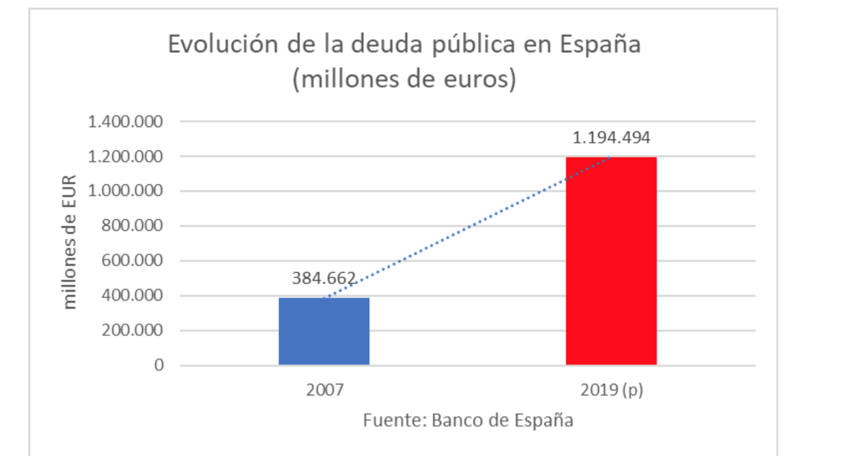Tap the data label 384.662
click(x=324, y=278)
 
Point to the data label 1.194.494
click(x=611, y=137)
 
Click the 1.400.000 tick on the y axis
click(x=125, y=122)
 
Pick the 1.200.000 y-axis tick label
click(x=125, y=157)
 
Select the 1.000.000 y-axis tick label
click(x=125, y=191)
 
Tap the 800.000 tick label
click(x=132, y=225)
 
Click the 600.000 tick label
click(x=132, y=260)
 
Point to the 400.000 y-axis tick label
click(x=132, y=295)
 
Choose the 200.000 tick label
click(x=132, y=330)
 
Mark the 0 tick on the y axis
click(x=159, y=365)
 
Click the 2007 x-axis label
click(x=324, y=390)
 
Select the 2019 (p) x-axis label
click(x=611, y=390)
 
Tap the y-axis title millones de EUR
click(x=69, y=242)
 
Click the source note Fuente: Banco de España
click(x=468, y=421)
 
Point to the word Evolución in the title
click(x=222, y=44)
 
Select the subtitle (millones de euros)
click(x=404, y=80)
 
